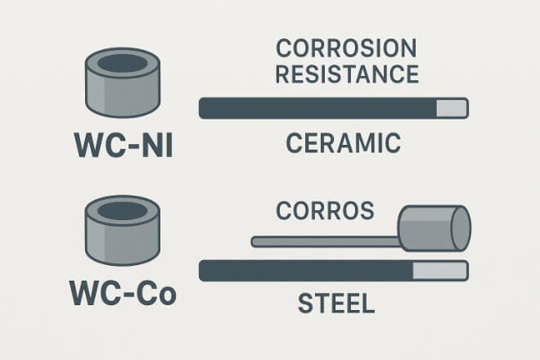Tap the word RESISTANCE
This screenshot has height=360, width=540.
coord(347,74)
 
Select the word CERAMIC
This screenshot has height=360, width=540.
coord(344,144)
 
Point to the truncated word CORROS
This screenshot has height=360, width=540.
coord(325,210)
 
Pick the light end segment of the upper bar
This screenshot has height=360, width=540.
coord(452,108)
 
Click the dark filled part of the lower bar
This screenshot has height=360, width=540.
coord(307,270)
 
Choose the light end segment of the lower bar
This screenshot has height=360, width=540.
coord(440,270)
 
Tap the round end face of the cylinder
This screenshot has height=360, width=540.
coord(461,228)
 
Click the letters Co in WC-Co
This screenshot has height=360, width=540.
coord(158,292)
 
